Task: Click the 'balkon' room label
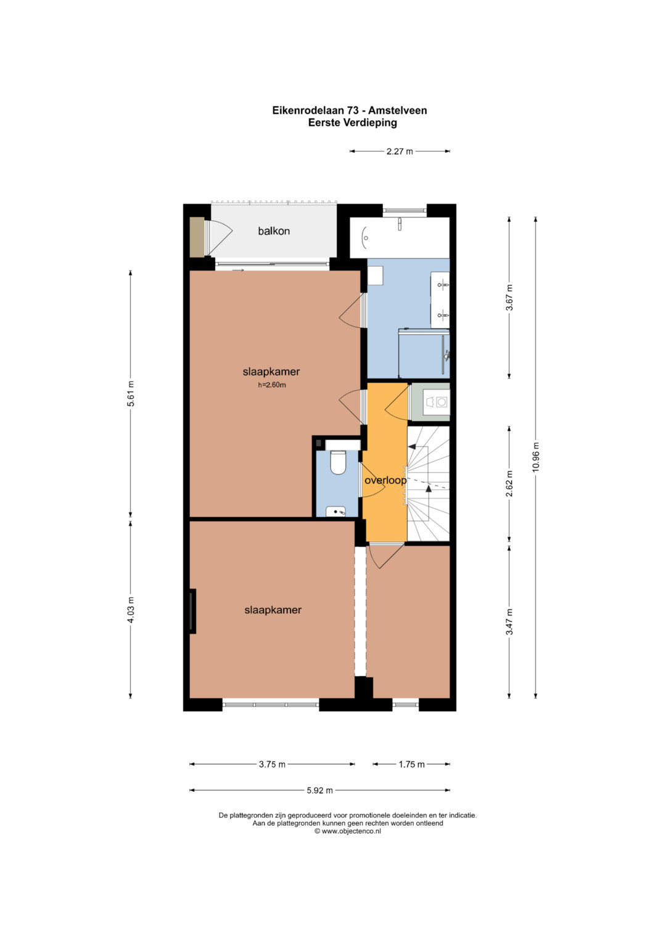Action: [274, 230]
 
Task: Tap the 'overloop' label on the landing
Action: [385, 480]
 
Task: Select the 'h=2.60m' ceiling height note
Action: [272, 385]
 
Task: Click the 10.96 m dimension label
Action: [535, 457]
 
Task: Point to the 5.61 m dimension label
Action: [131, 394]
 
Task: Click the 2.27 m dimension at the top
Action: [400, 152]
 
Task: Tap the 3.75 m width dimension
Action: [272, 764]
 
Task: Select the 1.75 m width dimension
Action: [412, 764]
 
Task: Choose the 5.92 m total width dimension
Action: [319, 790]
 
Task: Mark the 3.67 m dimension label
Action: [509, 298]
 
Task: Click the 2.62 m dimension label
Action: [509, 484]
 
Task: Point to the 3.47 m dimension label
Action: [509, 622]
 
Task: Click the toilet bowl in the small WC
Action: [338, 462]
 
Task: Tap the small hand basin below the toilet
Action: [336, 511]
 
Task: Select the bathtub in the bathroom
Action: [400, 237]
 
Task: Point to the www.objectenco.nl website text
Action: [351, 831]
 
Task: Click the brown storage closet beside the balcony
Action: [196, 237]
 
